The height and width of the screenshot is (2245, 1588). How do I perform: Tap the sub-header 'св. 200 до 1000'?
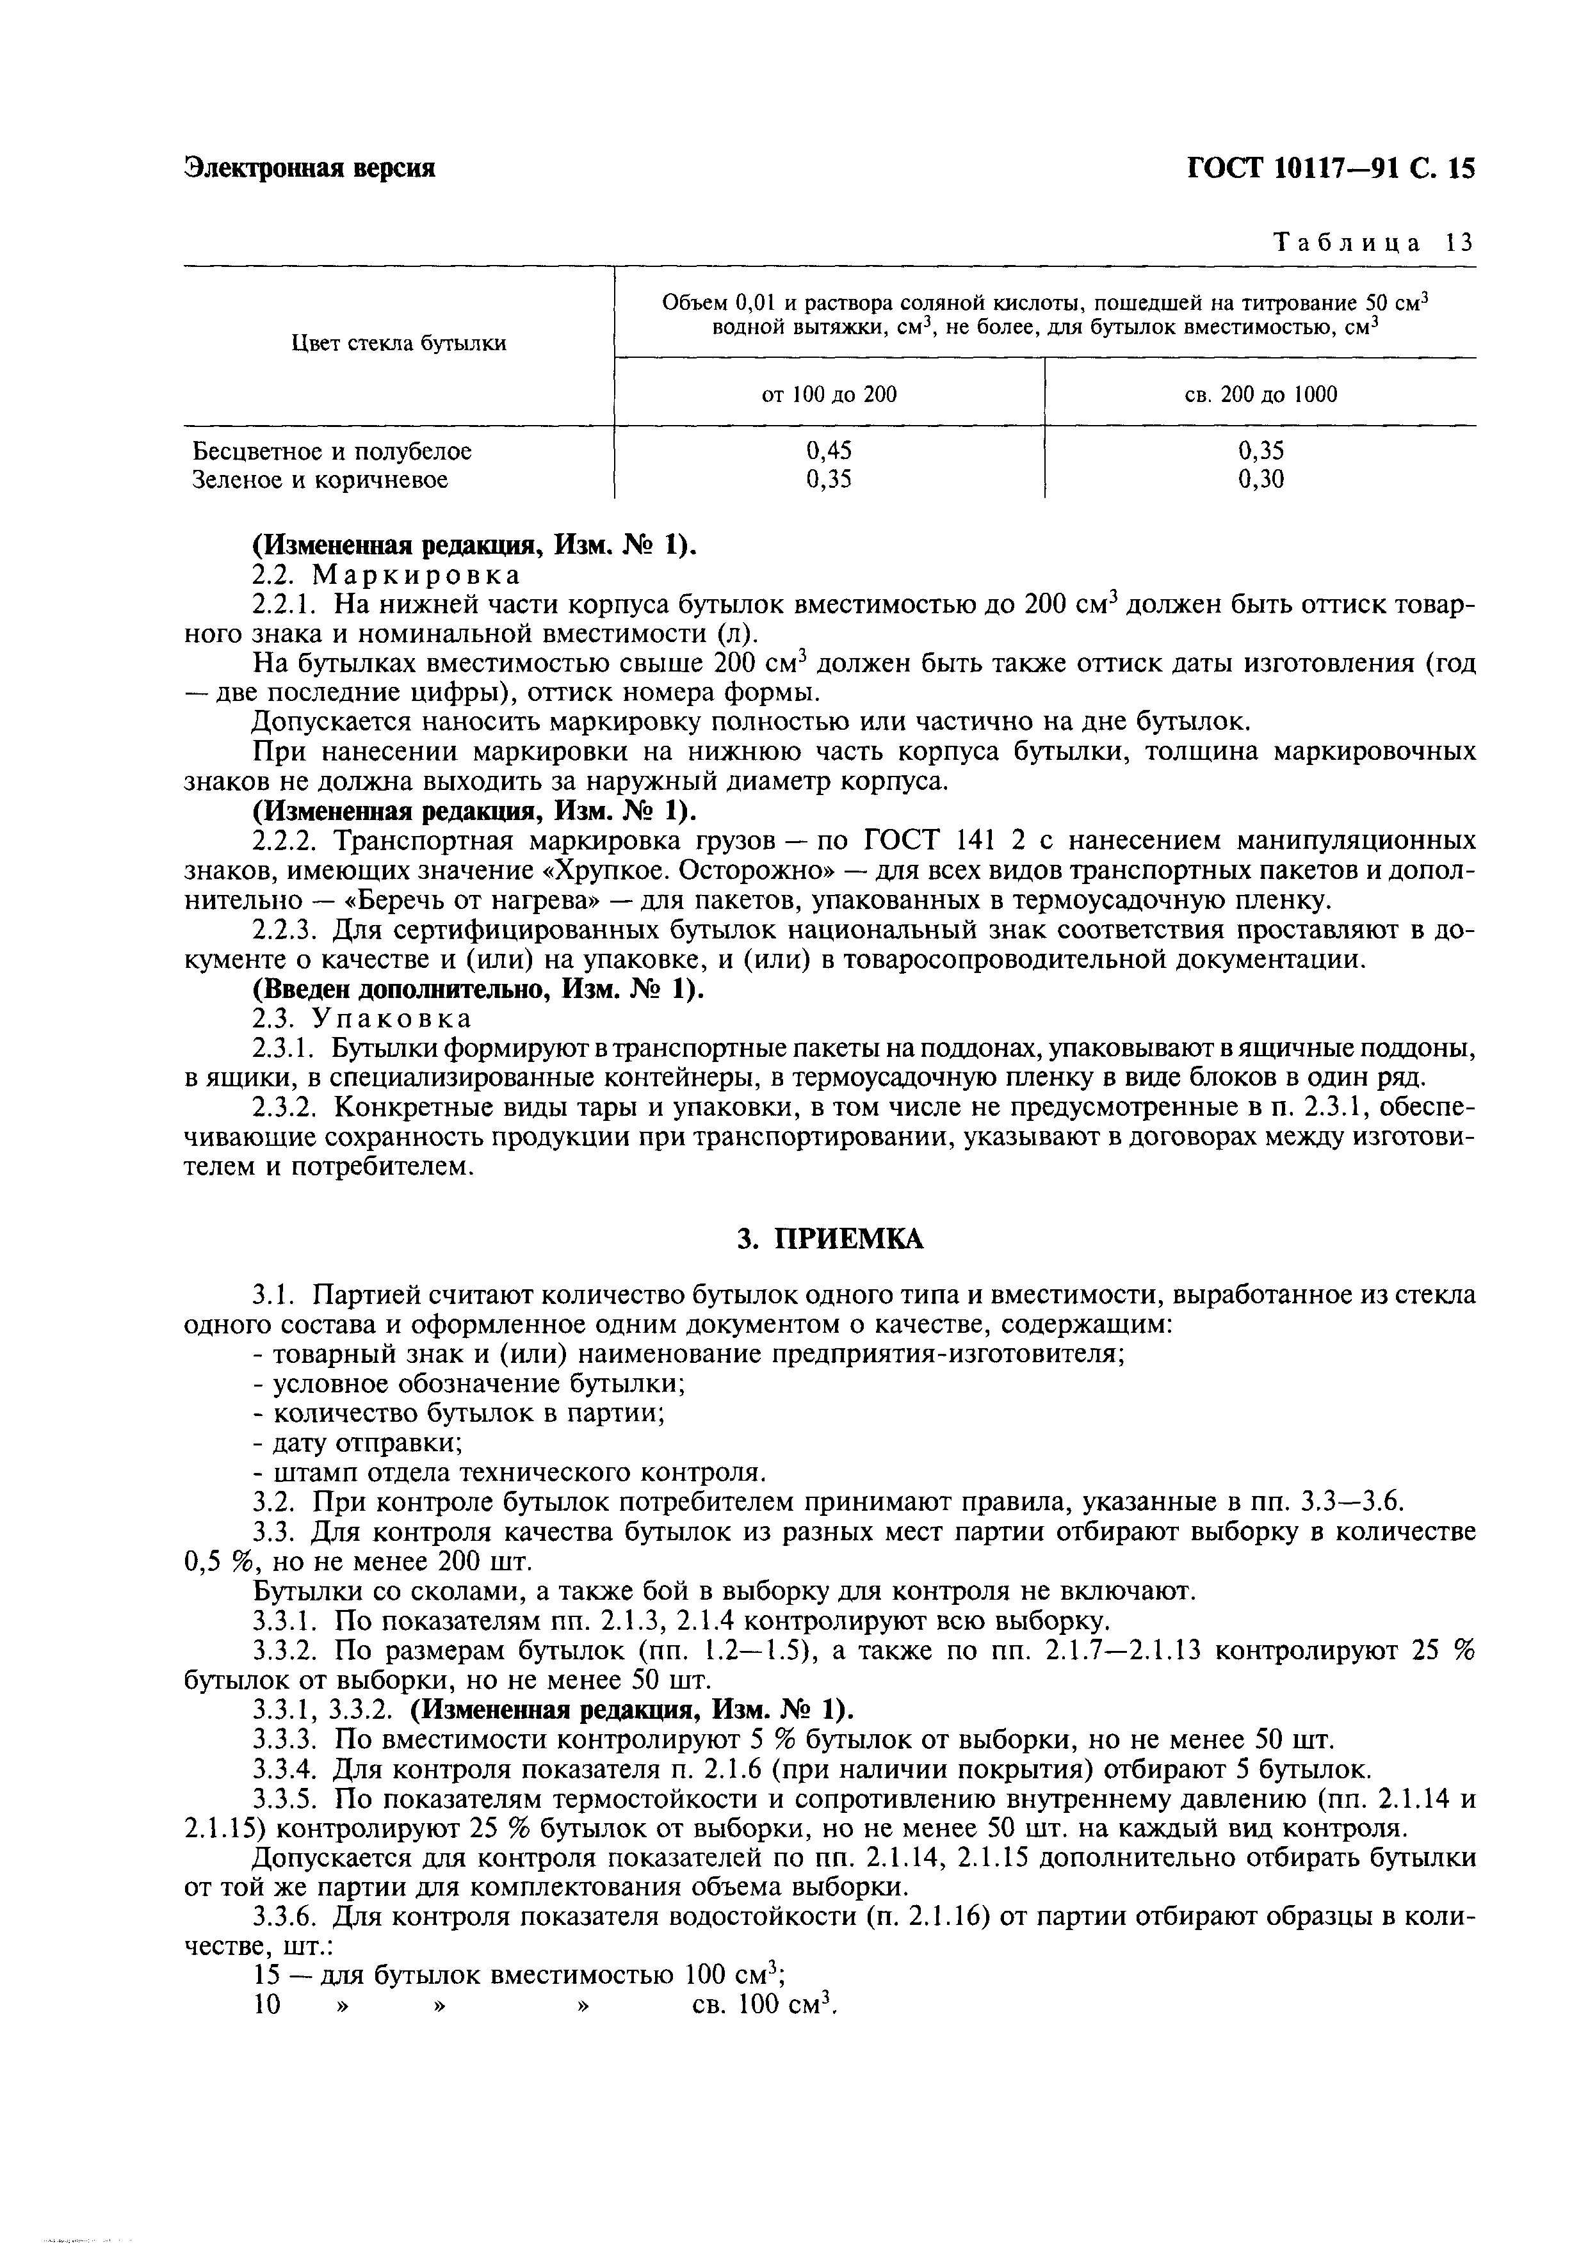point(1260,395)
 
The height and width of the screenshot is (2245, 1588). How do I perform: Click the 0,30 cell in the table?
point(1260,479)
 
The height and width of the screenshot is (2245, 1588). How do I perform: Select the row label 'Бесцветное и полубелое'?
point(332,452)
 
